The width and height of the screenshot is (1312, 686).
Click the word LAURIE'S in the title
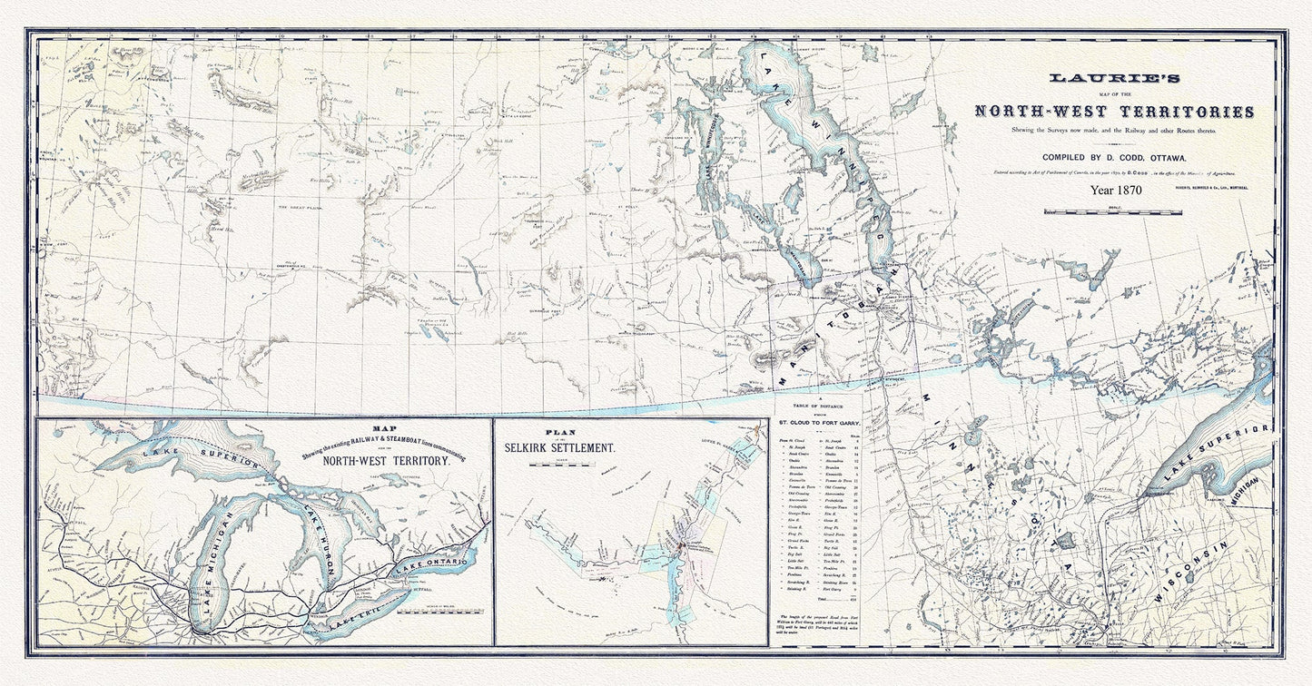pos(1114,80)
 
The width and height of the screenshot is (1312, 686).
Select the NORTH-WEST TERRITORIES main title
pos(1114,112)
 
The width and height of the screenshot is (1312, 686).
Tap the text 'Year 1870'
pos(1116,191)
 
